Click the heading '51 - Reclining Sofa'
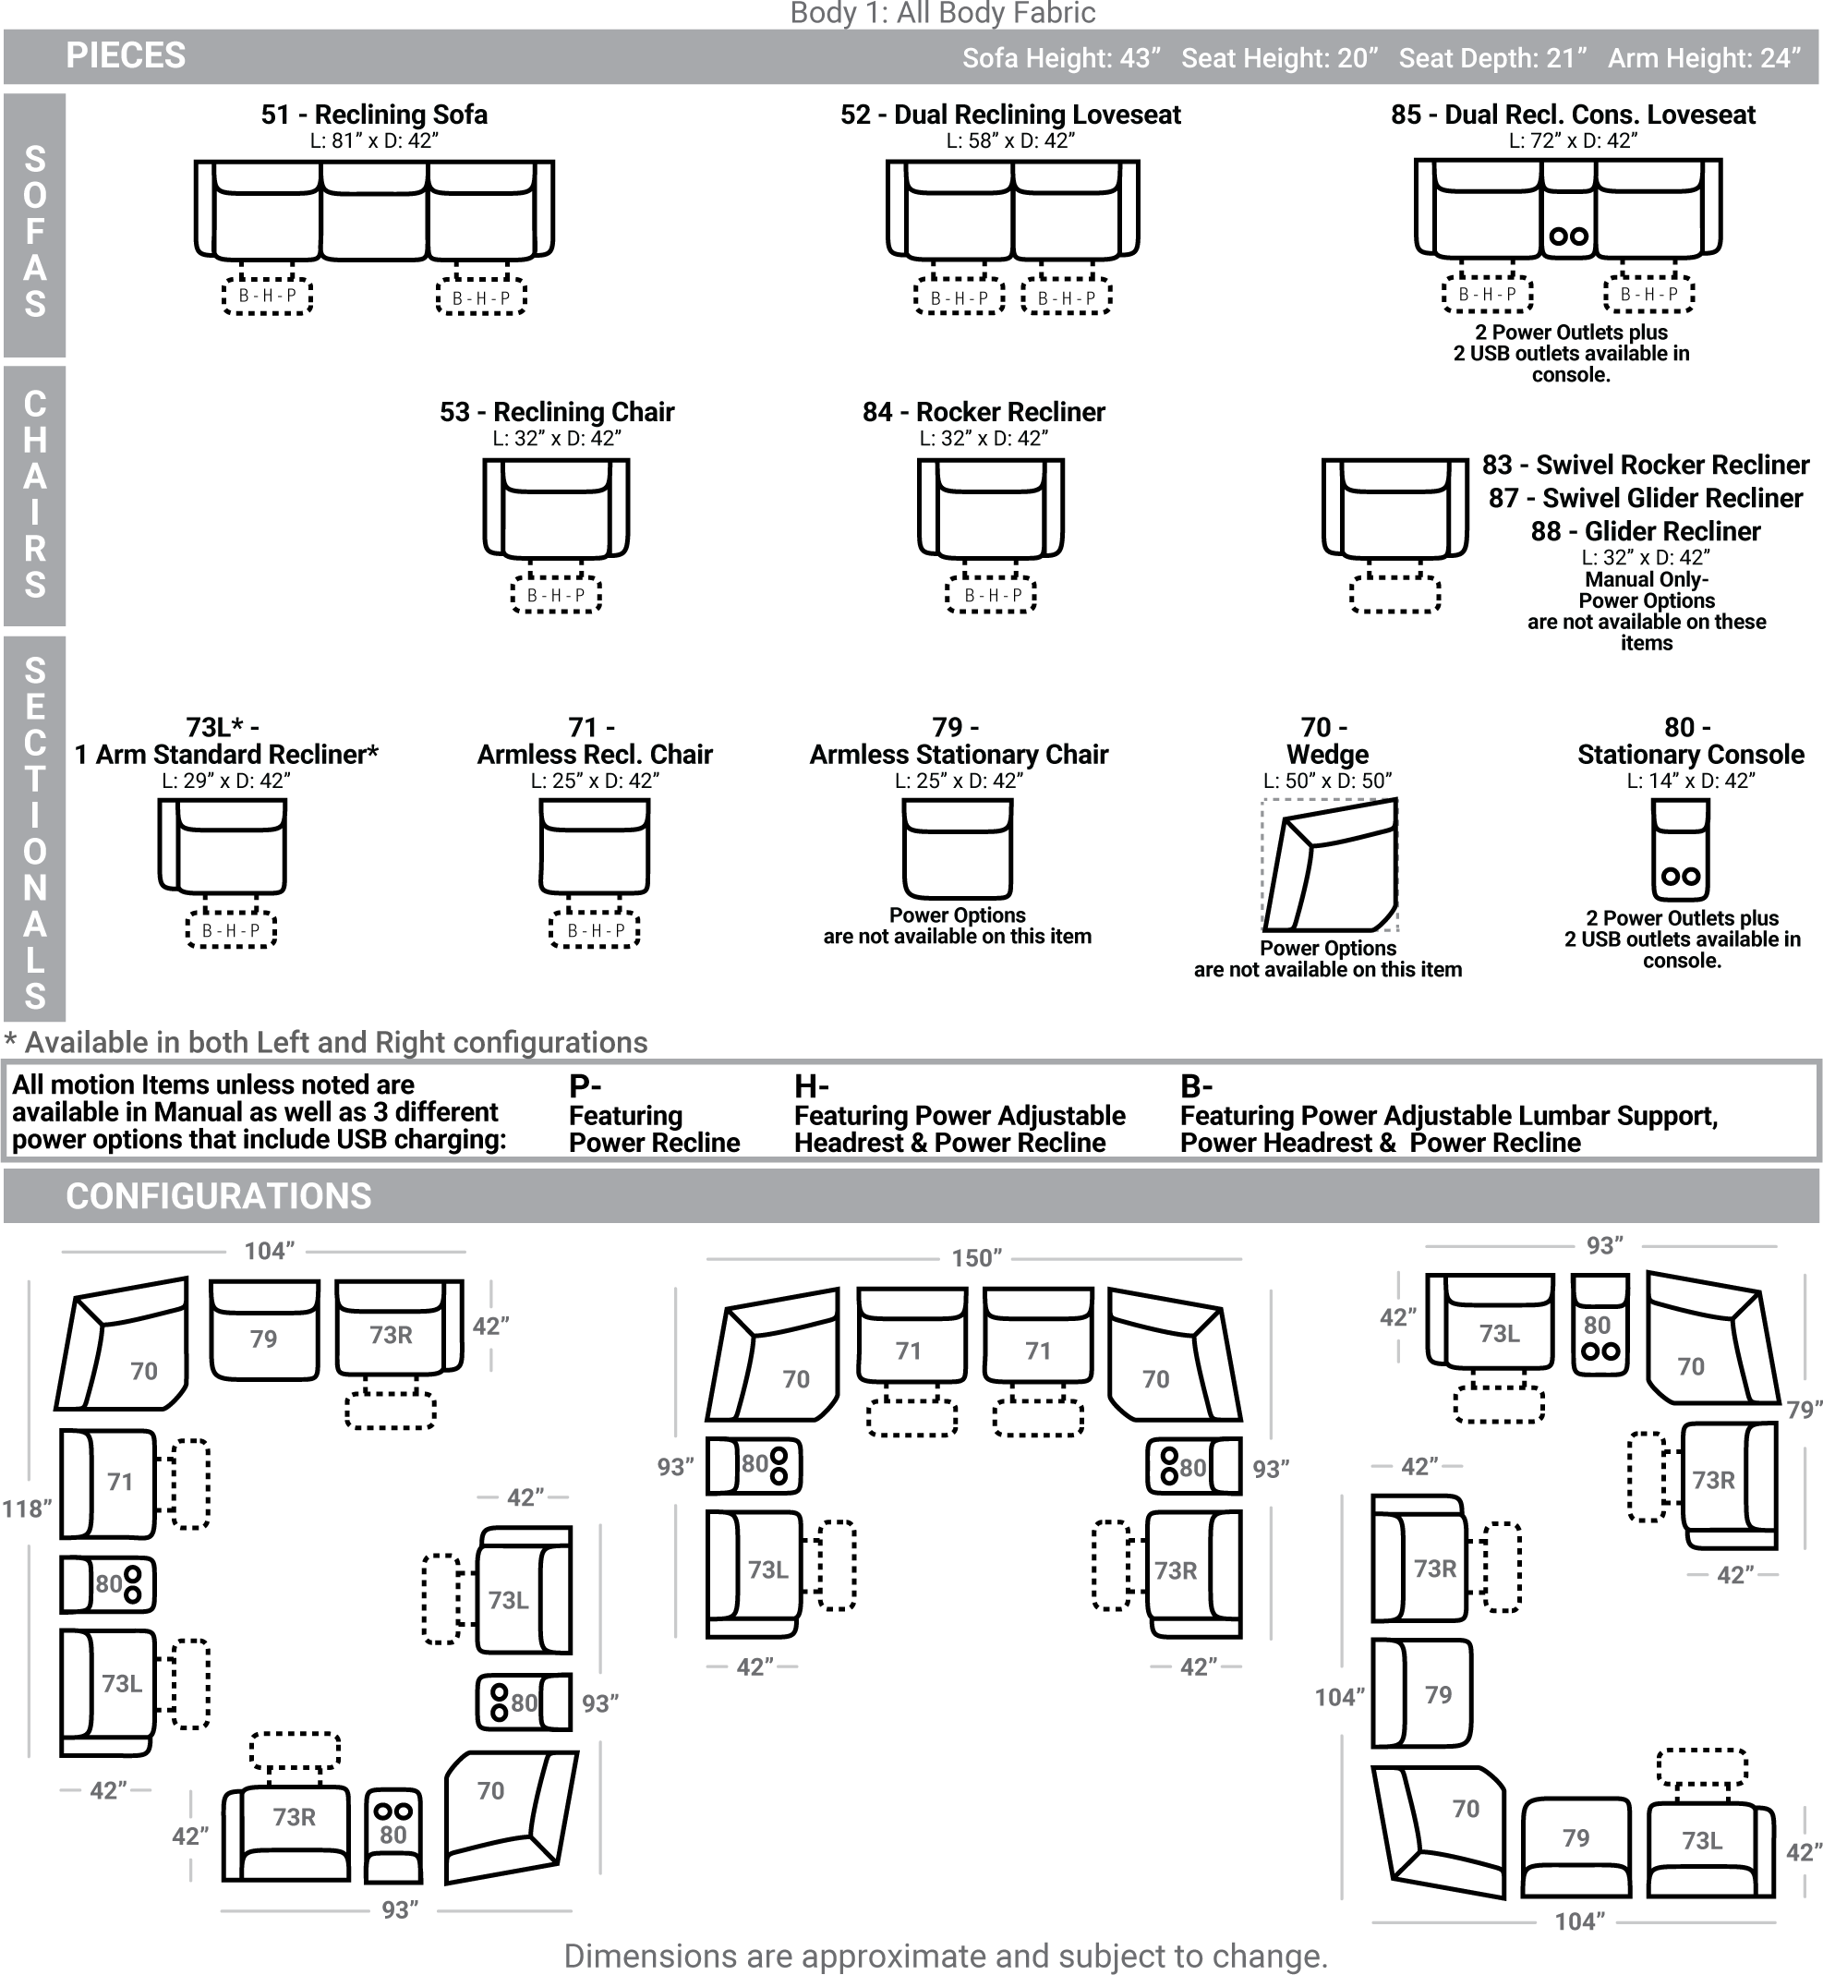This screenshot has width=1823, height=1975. [374, 115]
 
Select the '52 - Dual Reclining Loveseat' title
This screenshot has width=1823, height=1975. [1010, 115]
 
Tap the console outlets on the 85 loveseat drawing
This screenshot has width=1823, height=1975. [1568, 236]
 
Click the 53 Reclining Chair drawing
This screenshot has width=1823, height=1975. [556, 509]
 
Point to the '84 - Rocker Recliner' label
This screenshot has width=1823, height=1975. [984, 411]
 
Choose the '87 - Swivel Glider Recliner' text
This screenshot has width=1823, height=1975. [1646, 498]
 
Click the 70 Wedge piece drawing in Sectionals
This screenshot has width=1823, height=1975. [1330, 866]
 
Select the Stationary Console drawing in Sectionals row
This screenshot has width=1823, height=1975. [1681, 849]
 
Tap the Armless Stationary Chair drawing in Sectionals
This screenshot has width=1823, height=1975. [957, 848]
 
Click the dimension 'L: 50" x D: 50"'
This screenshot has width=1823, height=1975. [1328, 782]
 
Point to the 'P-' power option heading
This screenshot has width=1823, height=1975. [585, 1086]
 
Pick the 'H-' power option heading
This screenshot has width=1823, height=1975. [811, 1086]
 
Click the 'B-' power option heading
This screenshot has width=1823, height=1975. [1196, 1086]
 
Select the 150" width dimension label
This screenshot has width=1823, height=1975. [975, 1258]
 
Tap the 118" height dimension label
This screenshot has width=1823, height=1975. [27, 1509]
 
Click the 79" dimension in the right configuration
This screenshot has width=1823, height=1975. [1805, 1410]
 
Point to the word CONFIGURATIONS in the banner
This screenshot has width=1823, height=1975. [219, 1195]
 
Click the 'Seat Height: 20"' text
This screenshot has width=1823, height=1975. [1279, 59]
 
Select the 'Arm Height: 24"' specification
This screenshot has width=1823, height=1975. [1705, 59]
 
